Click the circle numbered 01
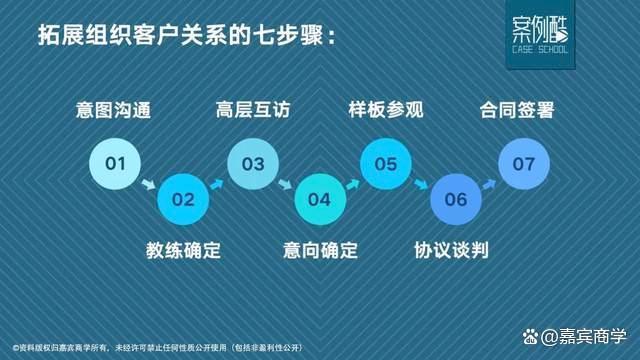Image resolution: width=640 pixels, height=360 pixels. (x=115, y=162)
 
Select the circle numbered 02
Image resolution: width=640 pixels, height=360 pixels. (x=183, y=199)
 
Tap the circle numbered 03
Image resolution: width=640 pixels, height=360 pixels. (x=252, y=162)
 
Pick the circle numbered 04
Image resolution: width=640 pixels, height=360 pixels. (x=319, y=199)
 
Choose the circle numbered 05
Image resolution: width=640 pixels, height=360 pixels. (x=386, y=162)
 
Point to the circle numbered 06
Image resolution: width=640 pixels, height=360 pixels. (x=455, y=199)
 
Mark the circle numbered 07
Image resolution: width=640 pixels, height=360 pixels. (x=523, y=162)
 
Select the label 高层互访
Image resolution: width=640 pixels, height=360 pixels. (x=252, y=109)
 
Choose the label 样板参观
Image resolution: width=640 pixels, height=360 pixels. (x=386, y=109)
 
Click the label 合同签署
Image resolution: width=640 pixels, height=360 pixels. (x=523, y=109)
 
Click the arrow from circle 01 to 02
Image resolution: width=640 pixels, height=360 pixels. (x=149, y=184)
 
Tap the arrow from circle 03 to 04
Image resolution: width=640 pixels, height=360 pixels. (x=286, y=184)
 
